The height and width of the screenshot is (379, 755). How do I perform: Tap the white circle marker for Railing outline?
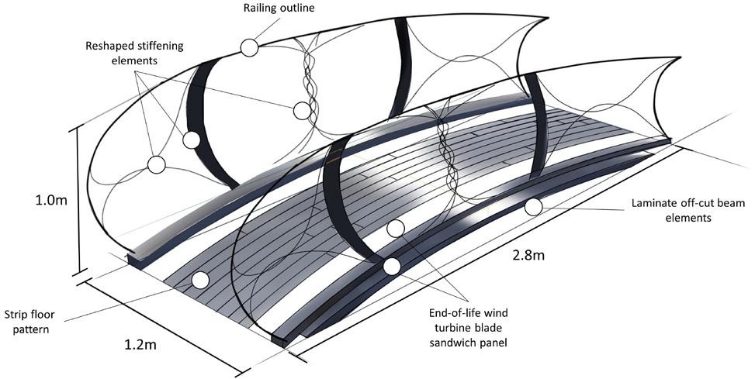[248, 48]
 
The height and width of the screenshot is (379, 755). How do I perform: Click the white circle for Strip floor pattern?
[200, 281]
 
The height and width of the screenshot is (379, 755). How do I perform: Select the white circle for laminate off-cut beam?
[532, 207]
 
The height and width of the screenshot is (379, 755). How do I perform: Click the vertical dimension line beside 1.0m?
[78, 200]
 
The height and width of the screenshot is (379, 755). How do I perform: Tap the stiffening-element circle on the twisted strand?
[303, 110]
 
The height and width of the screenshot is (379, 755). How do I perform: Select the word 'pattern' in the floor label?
[34, 329]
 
